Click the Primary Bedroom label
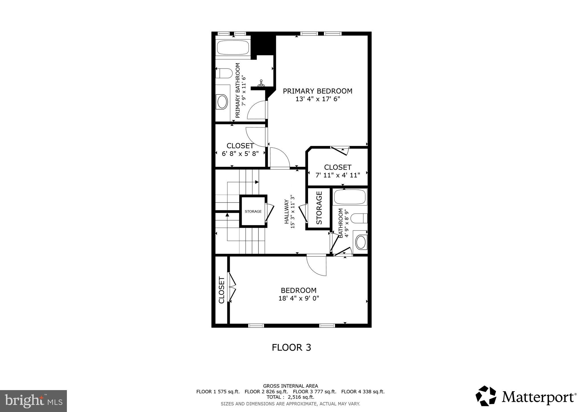point(317,91)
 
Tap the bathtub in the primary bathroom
point(233,48)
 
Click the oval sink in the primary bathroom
point(222,102)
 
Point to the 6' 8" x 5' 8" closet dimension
point(240,154)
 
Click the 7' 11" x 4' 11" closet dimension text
point(338,175)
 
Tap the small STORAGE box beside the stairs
point(253,211)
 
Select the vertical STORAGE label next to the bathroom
point(319,208)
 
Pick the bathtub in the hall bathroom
point(350,197)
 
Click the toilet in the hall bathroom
point(359,218)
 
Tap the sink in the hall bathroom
point(361,242)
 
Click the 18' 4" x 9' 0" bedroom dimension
point(299,298)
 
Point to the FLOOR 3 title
point(291,347)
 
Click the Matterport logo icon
point(486,396)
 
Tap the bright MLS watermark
point(33,401)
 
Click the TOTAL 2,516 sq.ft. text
point(290,397)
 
